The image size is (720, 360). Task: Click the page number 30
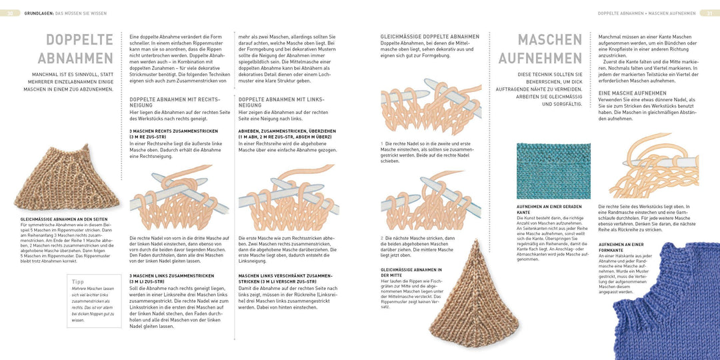point(10,13)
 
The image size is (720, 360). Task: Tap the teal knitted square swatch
point(553,171)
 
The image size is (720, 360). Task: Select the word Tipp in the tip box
point(79,281)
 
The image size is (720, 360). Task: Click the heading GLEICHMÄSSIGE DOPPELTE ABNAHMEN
point(429,37)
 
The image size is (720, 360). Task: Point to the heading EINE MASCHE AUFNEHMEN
point(632,93)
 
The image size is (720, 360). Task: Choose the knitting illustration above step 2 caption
point(430,203)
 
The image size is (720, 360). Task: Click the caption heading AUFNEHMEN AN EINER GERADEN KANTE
point(549,209)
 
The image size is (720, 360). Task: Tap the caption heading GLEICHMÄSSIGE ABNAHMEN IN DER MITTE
point(411,272)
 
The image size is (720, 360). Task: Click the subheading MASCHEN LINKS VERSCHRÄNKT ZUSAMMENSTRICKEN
point(285,278)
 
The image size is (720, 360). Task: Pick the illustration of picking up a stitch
point(653,166)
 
